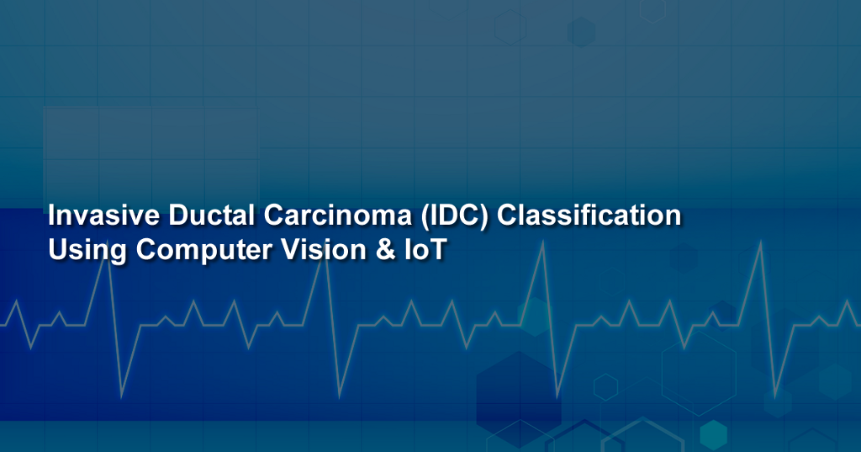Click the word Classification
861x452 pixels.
click(x=589, y=215)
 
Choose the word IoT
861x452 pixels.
click(x=421, y=250)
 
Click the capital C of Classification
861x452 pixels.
click(x=508, y=215)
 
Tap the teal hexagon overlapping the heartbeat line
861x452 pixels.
click(x=535, y=316)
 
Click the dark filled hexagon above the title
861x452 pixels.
click(x=581, y=32)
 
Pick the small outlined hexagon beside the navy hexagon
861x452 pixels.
click(x=605, y=386)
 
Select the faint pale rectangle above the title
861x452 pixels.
click(x=151, y=156)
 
